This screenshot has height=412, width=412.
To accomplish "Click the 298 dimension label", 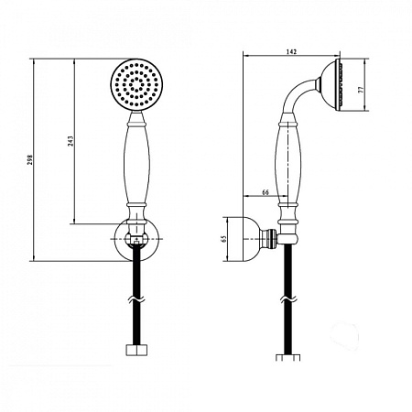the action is pyautogui.click(x=30, y=160).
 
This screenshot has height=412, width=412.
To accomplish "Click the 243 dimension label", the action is pyautogui.click(x=70, y=141).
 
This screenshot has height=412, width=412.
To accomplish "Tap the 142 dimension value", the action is pyautogui.click(x=291, y=51).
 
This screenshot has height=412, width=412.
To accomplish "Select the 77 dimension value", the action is pyautogui.click(x=362, y=90).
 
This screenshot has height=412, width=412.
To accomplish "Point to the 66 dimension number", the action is pyautogui.click(x=266, y=192).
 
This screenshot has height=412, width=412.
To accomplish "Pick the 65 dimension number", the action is pyautogui.click(x=224, y=239).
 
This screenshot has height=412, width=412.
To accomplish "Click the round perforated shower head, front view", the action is pyautogui.click(x=137, y=83).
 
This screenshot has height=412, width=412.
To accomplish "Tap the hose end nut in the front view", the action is pyautogui.click(x=136, y=350).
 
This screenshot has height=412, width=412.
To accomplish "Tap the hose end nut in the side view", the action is pyautogui.click(x=287, y=357).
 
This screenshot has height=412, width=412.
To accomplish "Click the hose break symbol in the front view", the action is pyautogui.click(x=136, y=299).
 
